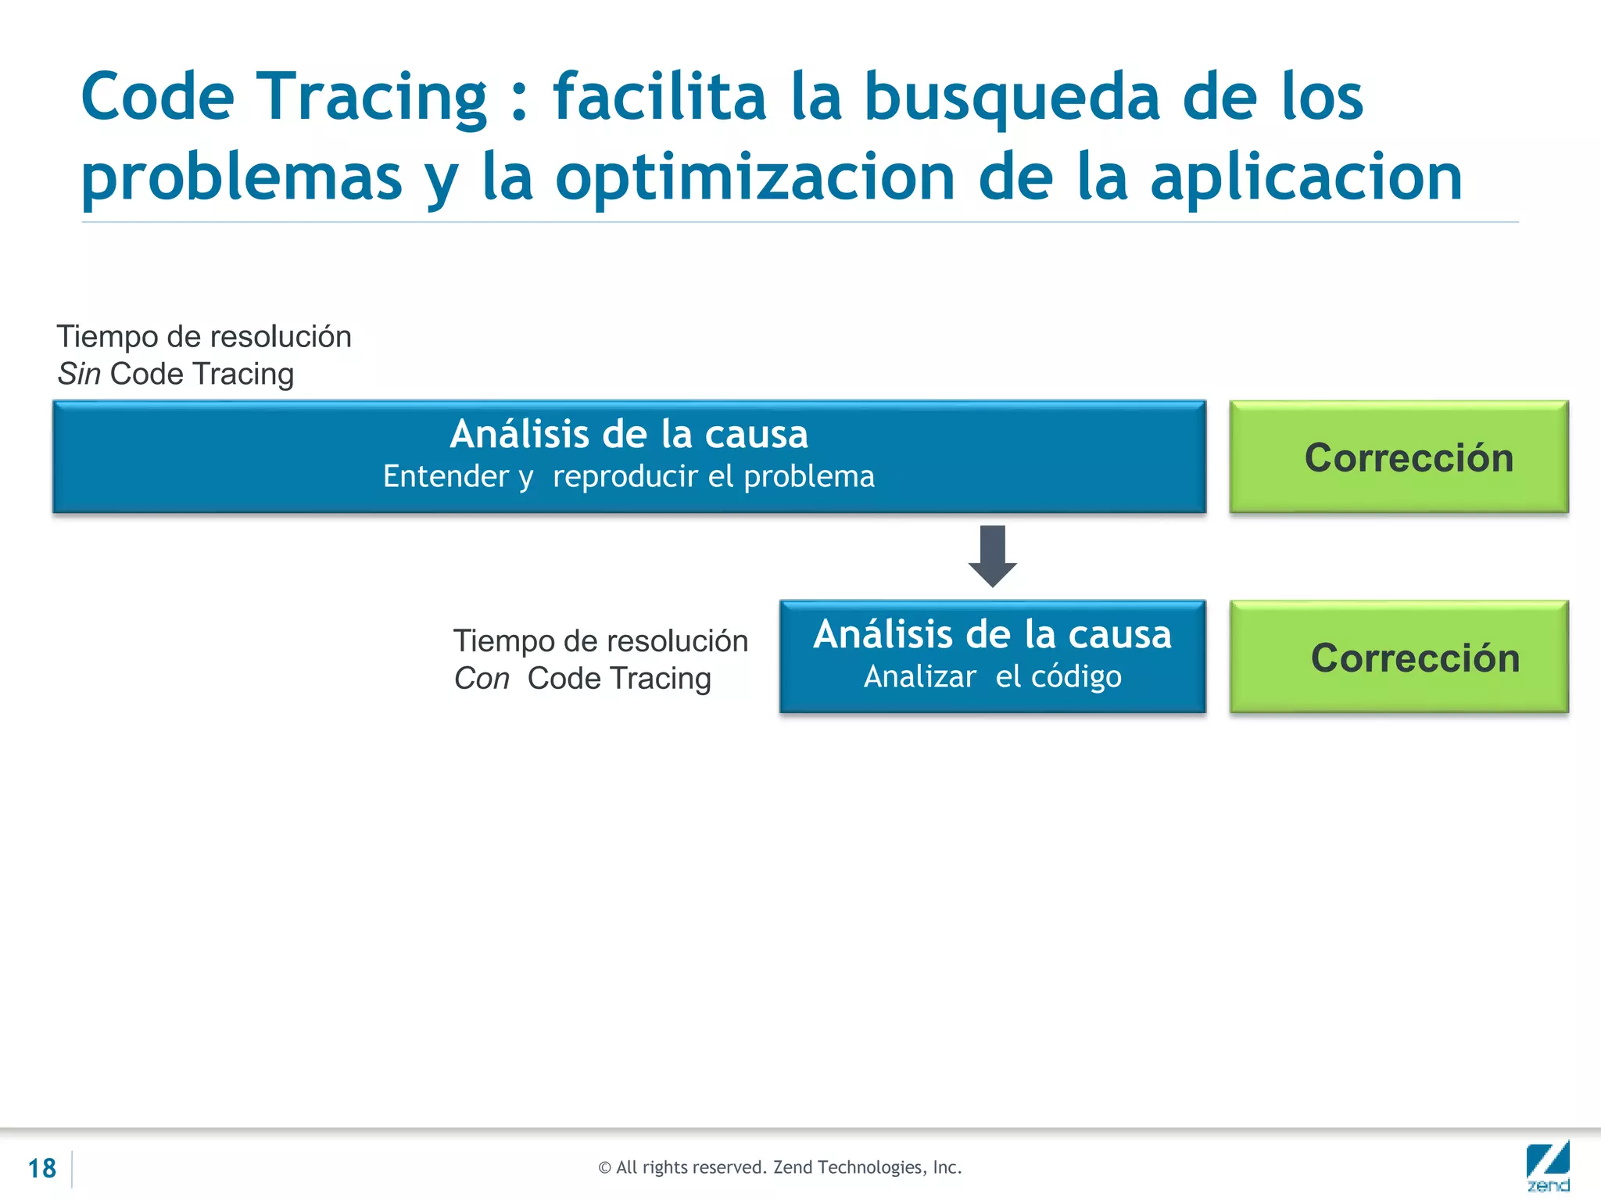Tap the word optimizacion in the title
pyautogui.click(x=755, y=178)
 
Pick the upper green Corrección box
pyautogui.click(x=1399, y=457)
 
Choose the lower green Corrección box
pyautogui.click(x=1399, y=657)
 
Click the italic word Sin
pyautogui.click(x=79, y=375)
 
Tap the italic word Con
pyautogui.click(x=482, y=679)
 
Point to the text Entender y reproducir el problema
pyautogui.click(x=629, y=477)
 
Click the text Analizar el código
pyautogui.click(x=992, y=677)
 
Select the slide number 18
pyautogui.click(x=41, y=1168)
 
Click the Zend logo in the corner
pyautogui.click(x=1547, y=1166)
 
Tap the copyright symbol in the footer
pyautogui.click(x=604, y=1168)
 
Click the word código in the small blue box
pyautogui.click(x=1076, y=677)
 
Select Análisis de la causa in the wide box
pyautogui.click(x=629, y=434)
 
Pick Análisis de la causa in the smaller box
pyautogui.click(x=992, y=634)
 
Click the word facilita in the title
pyautogui.click(x=659, y=98)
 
